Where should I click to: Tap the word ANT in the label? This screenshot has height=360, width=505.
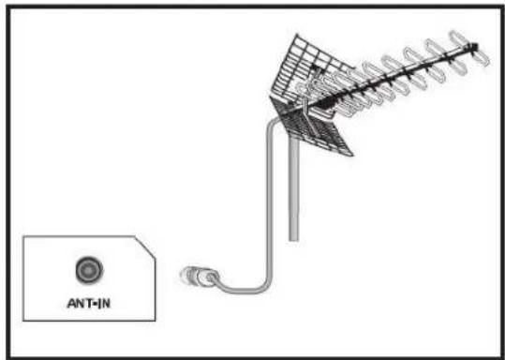click(x=75, y=304)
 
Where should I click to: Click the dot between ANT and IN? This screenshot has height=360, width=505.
click(x=89, y=304)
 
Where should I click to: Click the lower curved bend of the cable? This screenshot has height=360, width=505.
click(x=253, y=284)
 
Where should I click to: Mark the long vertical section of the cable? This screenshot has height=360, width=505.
click(x=271, y=206)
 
